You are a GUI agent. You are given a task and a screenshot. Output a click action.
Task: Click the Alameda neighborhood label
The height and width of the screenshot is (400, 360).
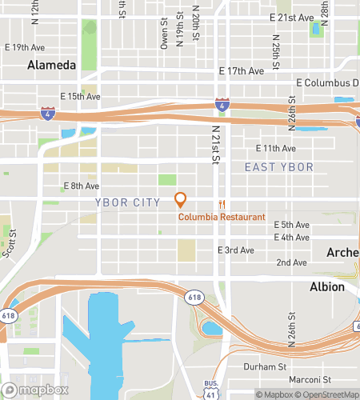[52, 65]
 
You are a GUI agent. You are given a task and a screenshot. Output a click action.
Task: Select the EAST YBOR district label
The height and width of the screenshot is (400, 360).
[278, 166]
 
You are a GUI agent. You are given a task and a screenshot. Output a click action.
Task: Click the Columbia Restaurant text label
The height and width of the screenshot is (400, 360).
[222, 217]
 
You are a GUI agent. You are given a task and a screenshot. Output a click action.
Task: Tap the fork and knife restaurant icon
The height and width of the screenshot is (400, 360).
[222, 203]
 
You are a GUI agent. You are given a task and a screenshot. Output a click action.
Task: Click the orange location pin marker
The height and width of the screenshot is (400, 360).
[180, 199]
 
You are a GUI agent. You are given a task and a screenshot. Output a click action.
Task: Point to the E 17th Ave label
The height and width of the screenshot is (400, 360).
[242, 71]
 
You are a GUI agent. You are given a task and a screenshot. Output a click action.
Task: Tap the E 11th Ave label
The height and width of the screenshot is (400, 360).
[275, 148]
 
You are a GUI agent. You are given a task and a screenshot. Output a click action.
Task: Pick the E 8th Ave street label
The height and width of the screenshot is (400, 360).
[81, 186]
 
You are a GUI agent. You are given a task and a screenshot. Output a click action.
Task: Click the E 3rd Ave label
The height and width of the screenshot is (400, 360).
[236, 250]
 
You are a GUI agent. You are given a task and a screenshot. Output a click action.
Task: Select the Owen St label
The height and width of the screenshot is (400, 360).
[163, 35]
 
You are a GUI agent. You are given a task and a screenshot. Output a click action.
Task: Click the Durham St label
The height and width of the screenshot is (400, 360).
[265, 366]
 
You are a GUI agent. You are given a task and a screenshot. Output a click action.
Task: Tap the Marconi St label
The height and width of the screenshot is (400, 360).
[310, 378]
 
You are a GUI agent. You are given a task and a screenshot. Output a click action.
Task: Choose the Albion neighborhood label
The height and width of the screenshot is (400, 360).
[327, 286]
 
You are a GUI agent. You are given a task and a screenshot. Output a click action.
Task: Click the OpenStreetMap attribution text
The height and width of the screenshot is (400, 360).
[328, 394]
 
